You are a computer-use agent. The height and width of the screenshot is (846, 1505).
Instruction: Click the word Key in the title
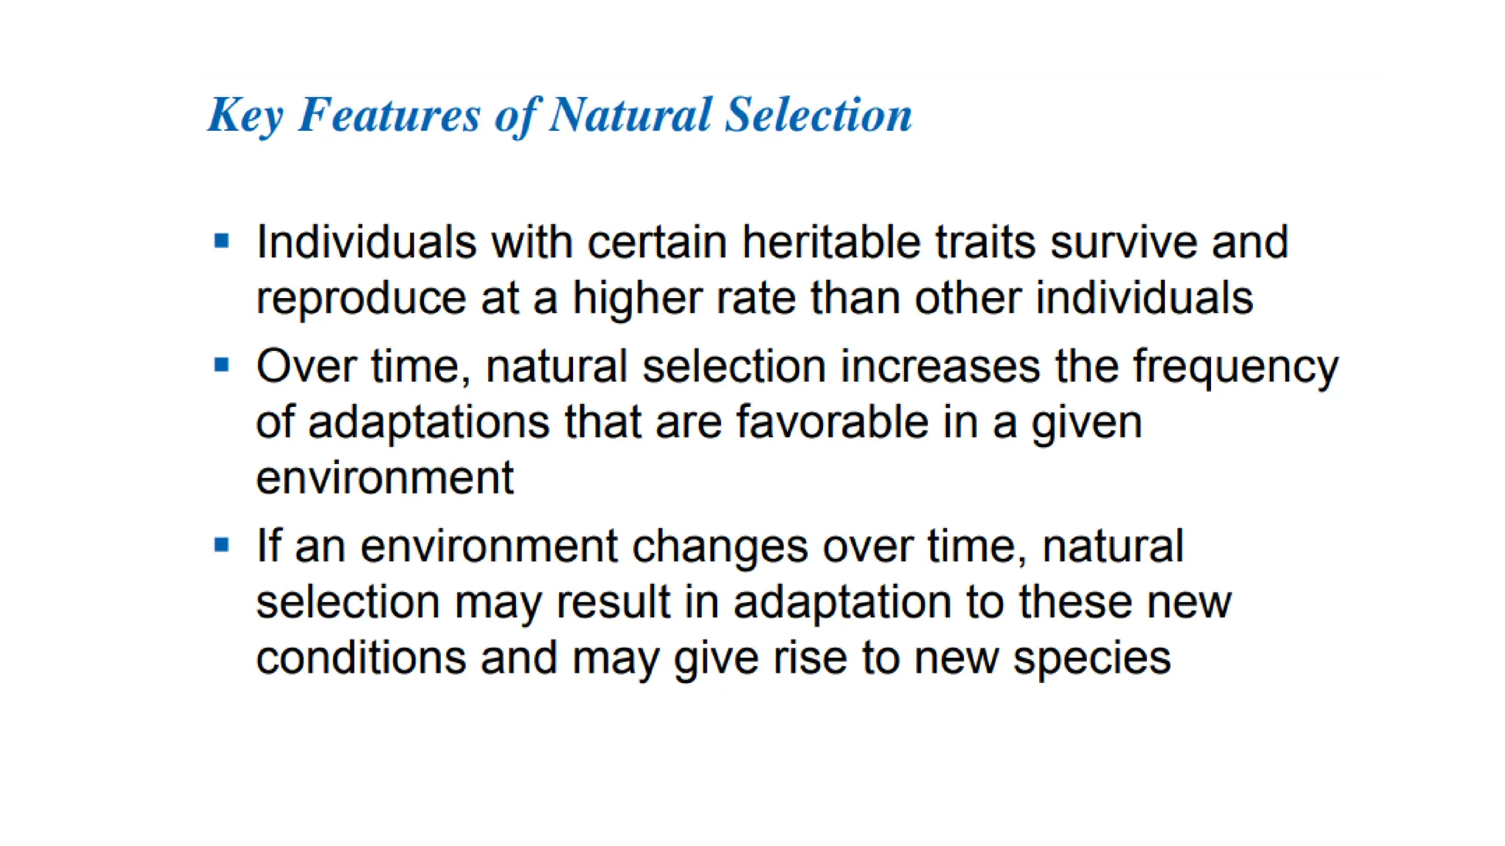(x=245, y=115)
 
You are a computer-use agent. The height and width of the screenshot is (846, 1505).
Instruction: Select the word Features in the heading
(x=389, y=115)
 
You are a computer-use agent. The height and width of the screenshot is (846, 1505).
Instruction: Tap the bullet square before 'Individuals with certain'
(x=222, y=241)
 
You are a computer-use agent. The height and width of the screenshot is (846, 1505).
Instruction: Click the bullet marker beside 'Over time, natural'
(x=222, y=365)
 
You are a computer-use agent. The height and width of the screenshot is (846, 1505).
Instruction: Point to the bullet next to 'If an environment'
(x=222, y=545)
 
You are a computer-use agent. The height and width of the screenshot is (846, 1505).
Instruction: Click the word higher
(x=637, y=300)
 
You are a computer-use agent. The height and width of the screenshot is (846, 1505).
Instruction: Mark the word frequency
(x=1235, y=367)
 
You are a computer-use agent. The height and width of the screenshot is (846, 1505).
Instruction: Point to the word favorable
(x=831, y=422)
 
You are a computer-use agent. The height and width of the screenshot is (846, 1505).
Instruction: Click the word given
(x=1087, y=424)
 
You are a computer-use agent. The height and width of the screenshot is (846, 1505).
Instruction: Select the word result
(x=614, y=602)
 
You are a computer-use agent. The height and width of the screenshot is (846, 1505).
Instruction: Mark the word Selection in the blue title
(x=818, y=115)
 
